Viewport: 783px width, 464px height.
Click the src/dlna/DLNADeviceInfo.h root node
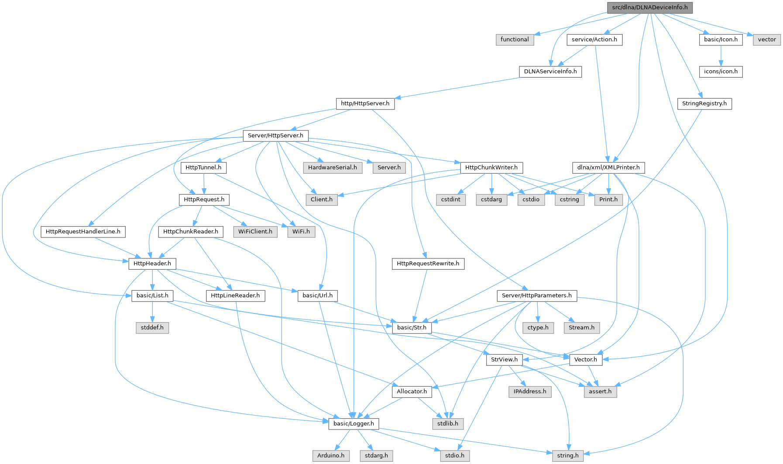(x=649, y=7)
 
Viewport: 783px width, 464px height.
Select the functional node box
(x=515, y=39)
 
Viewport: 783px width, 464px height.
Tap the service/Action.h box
(x=594, y=39)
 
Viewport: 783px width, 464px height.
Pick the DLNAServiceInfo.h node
(x=550, y=72)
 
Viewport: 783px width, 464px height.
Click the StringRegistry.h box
(x=704, y=103)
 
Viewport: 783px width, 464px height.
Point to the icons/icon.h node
(x=721, y=72)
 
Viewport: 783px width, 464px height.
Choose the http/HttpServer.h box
(x=365, y=103)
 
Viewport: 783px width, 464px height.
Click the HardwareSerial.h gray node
(x=333, y=168)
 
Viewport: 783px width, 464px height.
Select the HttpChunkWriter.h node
(x=491, y=168)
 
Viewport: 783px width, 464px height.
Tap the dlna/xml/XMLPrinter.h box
(x=608, y=168)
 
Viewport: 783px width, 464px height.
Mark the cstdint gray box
(x=451, y=199)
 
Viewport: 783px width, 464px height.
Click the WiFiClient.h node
(x=255, y=231)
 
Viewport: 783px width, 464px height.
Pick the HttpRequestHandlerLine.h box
(x=83, y=231)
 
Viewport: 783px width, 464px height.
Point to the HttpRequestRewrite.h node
(x=428, y=264)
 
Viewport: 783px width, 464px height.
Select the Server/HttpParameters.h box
(x=537, y=296)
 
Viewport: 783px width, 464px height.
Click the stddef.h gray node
(x=152, y=327)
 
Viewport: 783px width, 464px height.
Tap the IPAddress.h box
(x=530, y=392)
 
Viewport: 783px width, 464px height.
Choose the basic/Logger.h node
(x=354, y=423)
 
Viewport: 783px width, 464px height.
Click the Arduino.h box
(x=331, y=456)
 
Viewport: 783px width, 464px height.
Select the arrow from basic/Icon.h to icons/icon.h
(x=721, y=55)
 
